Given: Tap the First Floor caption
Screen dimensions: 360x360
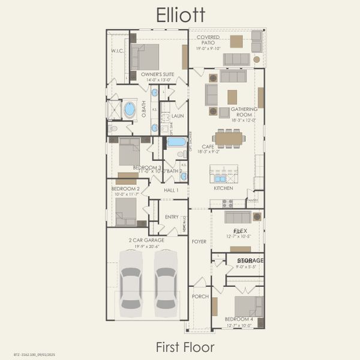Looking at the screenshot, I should pos(185,346).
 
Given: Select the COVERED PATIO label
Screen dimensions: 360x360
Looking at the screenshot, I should pos(208,40).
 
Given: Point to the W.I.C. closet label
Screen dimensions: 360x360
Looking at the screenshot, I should pos(117,51).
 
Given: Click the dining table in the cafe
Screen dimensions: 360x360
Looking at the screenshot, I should pos(229,139).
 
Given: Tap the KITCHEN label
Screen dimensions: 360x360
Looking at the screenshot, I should pos(224,188).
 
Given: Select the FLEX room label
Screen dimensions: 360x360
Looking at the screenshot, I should pos(241,230).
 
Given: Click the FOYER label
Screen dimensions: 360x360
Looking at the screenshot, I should pos(199,241).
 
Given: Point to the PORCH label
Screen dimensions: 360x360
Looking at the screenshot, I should pos(199,296).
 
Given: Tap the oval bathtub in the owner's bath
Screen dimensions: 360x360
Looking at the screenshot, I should pos(129,109).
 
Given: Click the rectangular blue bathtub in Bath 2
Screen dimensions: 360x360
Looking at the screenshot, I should pos(176,142).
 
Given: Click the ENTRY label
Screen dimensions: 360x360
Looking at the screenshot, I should pos(172,217).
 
